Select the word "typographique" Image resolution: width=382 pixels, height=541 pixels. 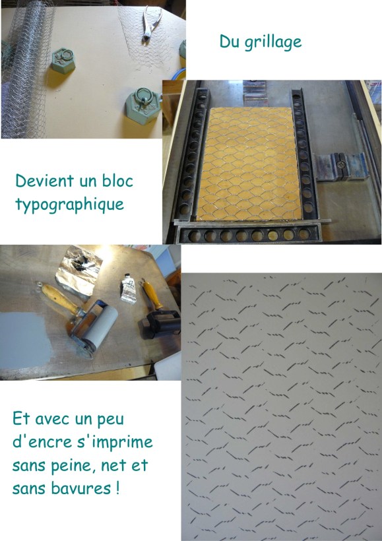69,204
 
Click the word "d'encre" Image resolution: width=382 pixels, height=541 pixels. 40,441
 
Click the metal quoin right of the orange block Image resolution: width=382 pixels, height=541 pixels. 338,165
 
